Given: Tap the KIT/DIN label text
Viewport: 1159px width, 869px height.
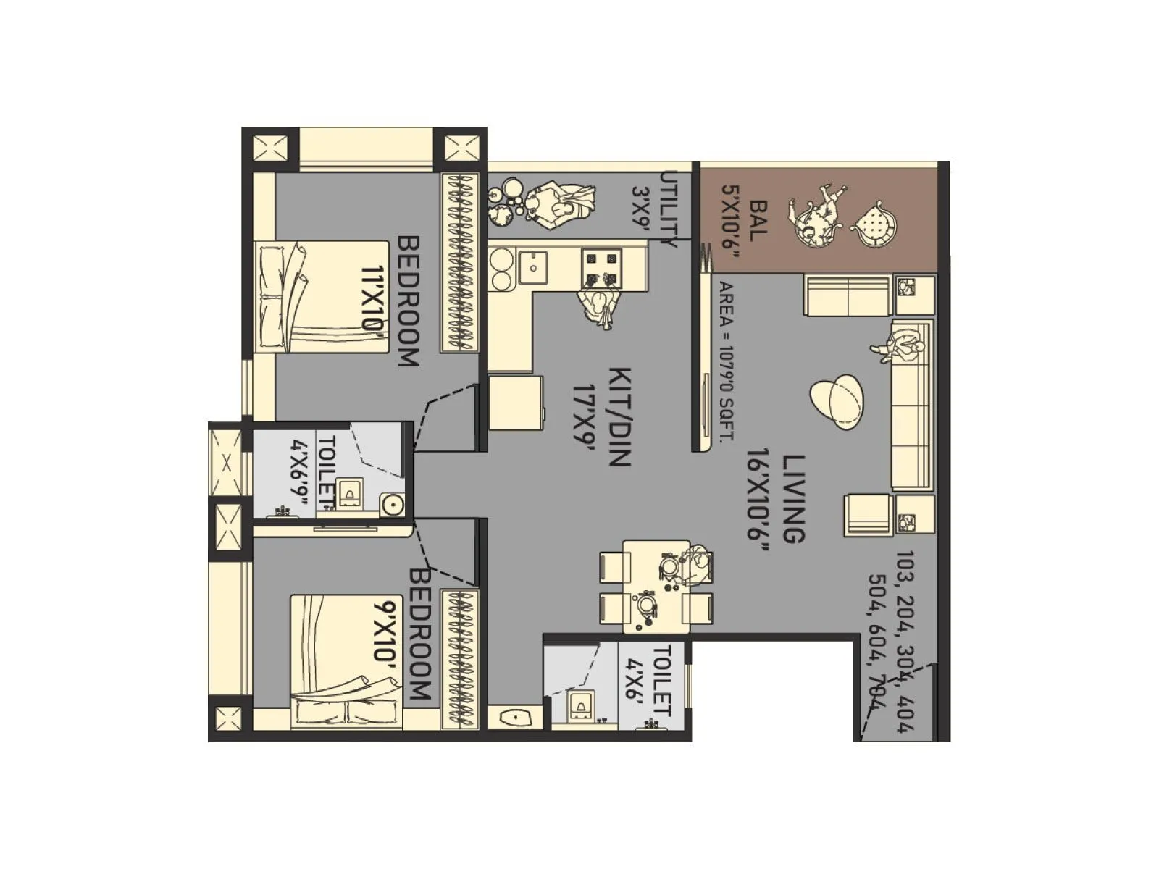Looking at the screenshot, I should [621, 416].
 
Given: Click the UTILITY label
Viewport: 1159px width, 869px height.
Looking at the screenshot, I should [669, 210].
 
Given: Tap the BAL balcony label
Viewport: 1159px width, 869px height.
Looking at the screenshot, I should [758, 220].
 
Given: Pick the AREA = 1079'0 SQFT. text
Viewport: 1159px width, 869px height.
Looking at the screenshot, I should [725, 361].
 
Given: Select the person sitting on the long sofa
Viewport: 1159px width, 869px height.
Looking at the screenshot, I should [898, 343].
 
